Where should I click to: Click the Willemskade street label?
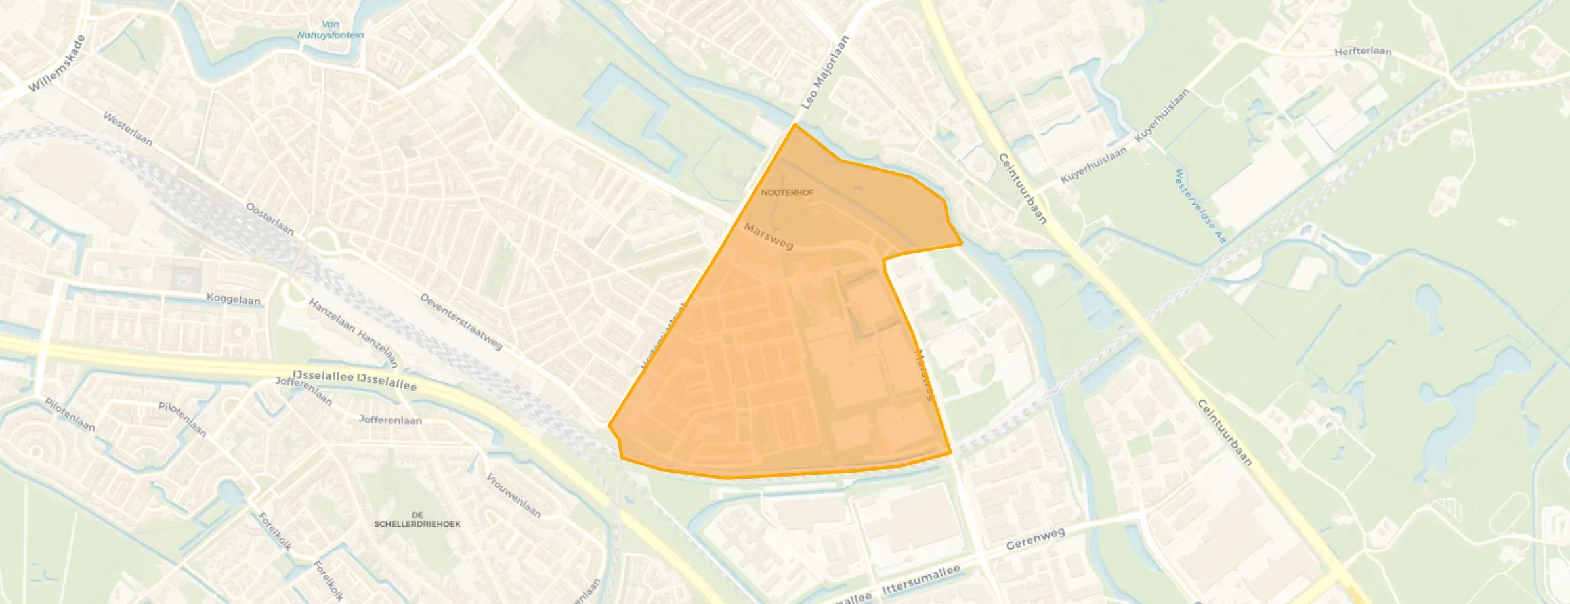tap(57, 64)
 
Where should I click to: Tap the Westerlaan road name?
tap(128, 129)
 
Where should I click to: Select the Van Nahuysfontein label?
tap(330, 30)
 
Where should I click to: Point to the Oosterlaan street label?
tap(270, 219)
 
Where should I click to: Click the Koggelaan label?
tap(233, 299)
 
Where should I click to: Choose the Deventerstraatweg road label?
tap(461, 322)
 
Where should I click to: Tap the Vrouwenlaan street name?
tap(513, 495)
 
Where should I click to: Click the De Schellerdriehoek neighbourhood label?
tap(417, 519)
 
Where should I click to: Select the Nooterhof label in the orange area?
tap(787, 192)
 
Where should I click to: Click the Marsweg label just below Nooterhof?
tap(769, 236)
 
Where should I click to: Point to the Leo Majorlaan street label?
tap(825, 72)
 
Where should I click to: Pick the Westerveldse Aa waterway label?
tap(1200, 205)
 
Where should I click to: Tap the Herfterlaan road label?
tap(1363, 51)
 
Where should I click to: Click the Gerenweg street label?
tap(1035, 538)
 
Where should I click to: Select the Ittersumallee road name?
tap(921, 580)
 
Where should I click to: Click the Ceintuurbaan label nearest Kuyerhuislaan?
tap(1022, 188)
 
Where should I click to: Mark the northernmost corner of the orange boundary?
tap(795, 123)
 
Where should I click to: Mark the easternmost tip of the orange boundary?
tap(962, 244)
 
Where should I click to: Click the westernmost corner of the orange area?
tap(609, 426)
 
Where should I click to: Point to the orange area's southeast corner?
tap(951, 453)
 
